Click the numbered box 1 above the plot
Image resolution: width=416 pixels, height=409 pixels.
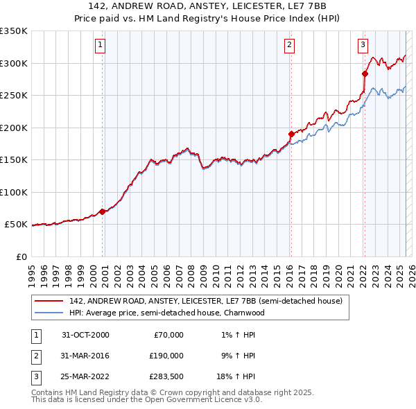pyautogui.click(x=101, y=46)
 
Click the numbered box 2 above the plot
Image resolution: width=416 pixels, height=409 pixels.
pyautogui.click(x=289, y=46)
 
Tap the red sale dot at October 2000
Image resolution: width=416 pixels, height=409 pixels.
pyautogui.click(x=103, y=211)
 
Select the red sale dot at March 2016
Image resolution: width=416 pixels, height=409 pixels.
pyautogui.click(x=291, y=134)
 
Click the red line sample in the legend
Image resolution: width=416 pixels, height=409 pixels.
pyautogui.click(x=49, y=302)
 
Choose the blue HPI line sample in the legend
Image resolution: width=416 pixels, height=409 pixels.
pyautogui.click(x=49, y=313)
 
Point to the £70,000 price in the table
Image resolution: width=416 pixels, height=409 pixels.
pyautogui.click(x=168, y=335)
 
